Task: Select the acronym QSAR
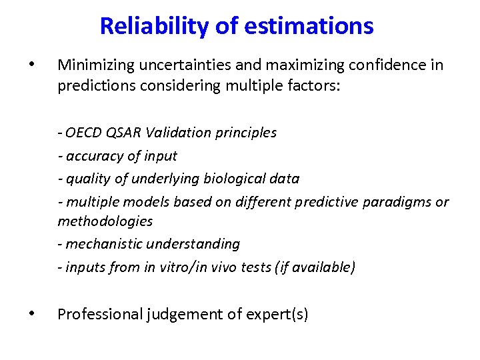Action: pos(123,133)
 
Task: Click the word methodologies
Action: pos(105,221)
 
